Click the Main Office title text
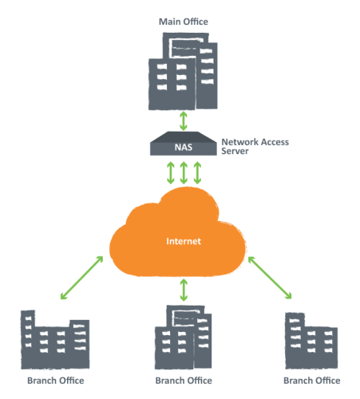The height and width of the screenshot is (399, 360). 184,22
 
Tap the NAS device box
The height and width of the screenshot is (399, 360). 184,145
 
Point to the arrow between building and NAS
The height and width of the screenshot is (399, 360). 184,120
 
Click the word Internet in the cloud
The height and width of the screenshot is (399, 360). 184,240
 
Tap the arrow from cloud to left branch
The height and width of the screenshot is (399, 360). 81,279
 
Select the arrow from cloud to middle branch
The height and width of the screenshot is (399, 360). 184,290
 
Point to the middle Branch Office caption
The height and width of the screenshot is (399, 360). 183,380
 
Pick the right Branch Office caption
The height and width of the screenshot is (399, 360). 312,380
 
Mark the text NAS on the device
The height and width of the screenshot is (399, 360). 184,147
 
